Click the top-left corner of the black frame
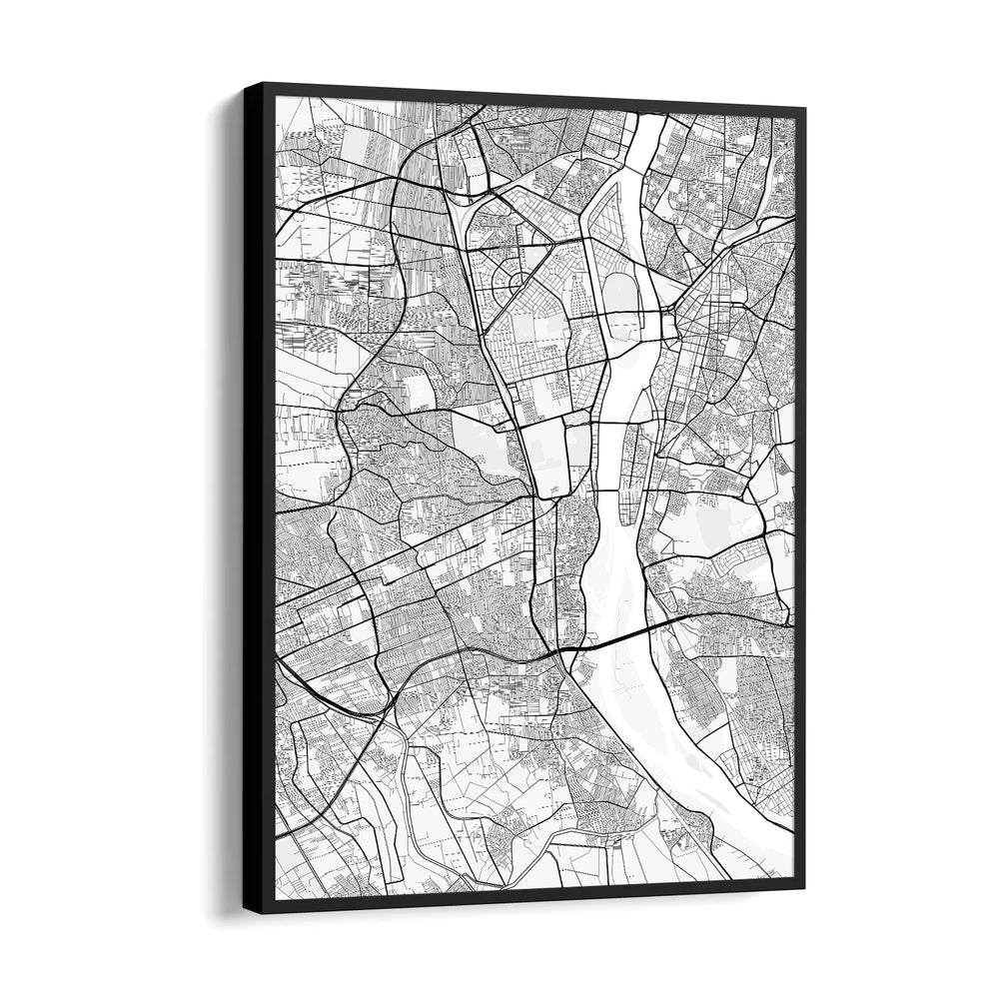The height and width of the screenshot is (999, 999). pyautogui.click(x=245, y=85)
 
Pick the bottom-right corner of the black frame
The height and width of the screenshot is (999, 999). pyautogui.click(x=804, y=887)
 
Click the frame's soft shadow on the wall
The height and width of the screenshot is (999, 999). pyautogui.click(x=228, y=599)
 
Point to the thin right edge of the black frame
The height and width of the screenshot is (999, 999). pyautogui.click(x=799, y=499)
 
